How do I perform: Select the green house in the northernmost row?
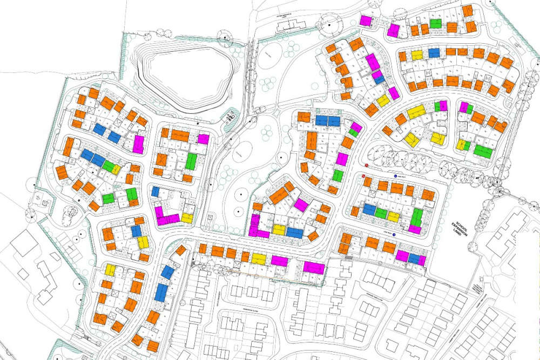(x=436, y=24)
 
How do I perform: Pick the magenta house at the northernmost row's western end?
(x=366, y=21)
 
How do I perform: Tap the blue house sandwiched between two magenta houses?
(x=414, y=259)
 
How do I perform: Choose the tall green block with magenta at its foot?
(x=417, y=218)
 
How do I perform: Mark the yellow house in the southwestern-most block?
(x=110, y=270)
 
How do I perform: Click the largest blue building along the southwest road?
(x=161, y=292)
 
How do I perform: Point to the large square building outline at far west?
(x=24, y=243)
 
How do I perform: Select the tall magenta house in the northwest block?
(x=138, y=145)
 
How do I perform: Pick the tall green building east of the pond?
(x=191, y=161)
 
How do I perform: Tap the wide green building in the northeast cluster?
(x=483, y=150)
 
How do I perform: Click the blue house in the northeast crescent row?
(x=434, y=53)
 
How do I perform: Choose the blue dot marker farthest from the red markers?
(x=394, y=235)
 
